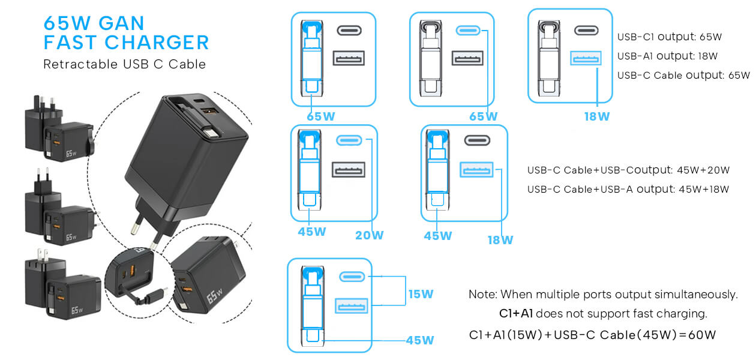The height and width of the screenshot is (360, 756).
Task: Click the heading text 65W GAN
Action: [94, 23]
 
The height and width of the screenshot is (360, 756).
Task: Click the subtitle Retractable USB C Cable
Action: [124, 64]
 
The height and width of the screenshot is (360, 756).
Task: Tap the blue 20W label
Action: [369, 235]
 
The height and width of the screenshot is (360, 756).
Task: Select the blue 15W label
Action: [420, 295]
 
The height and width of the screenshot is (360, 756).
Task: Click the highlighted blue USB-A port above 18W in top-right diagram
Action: [585, 59]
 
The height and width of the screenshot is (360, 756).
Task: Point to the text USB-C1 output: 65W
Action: [669, 37]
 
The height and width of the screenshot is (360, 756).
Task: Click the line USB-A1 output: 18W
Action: [668, 56]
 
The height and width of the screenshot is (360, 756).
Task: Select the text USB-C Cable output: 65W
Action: [683, 75]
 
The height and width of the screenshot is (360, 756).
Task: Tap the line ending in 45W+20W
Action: [628, 170]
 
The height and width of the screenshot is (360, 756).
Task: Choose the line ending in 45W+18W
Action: [628, 189]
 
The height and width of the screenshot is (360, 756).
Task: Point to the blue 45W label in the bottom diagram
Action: [420, 340]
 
